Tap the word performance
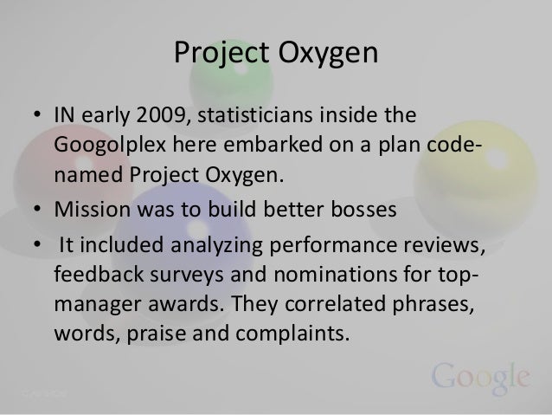309,252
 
